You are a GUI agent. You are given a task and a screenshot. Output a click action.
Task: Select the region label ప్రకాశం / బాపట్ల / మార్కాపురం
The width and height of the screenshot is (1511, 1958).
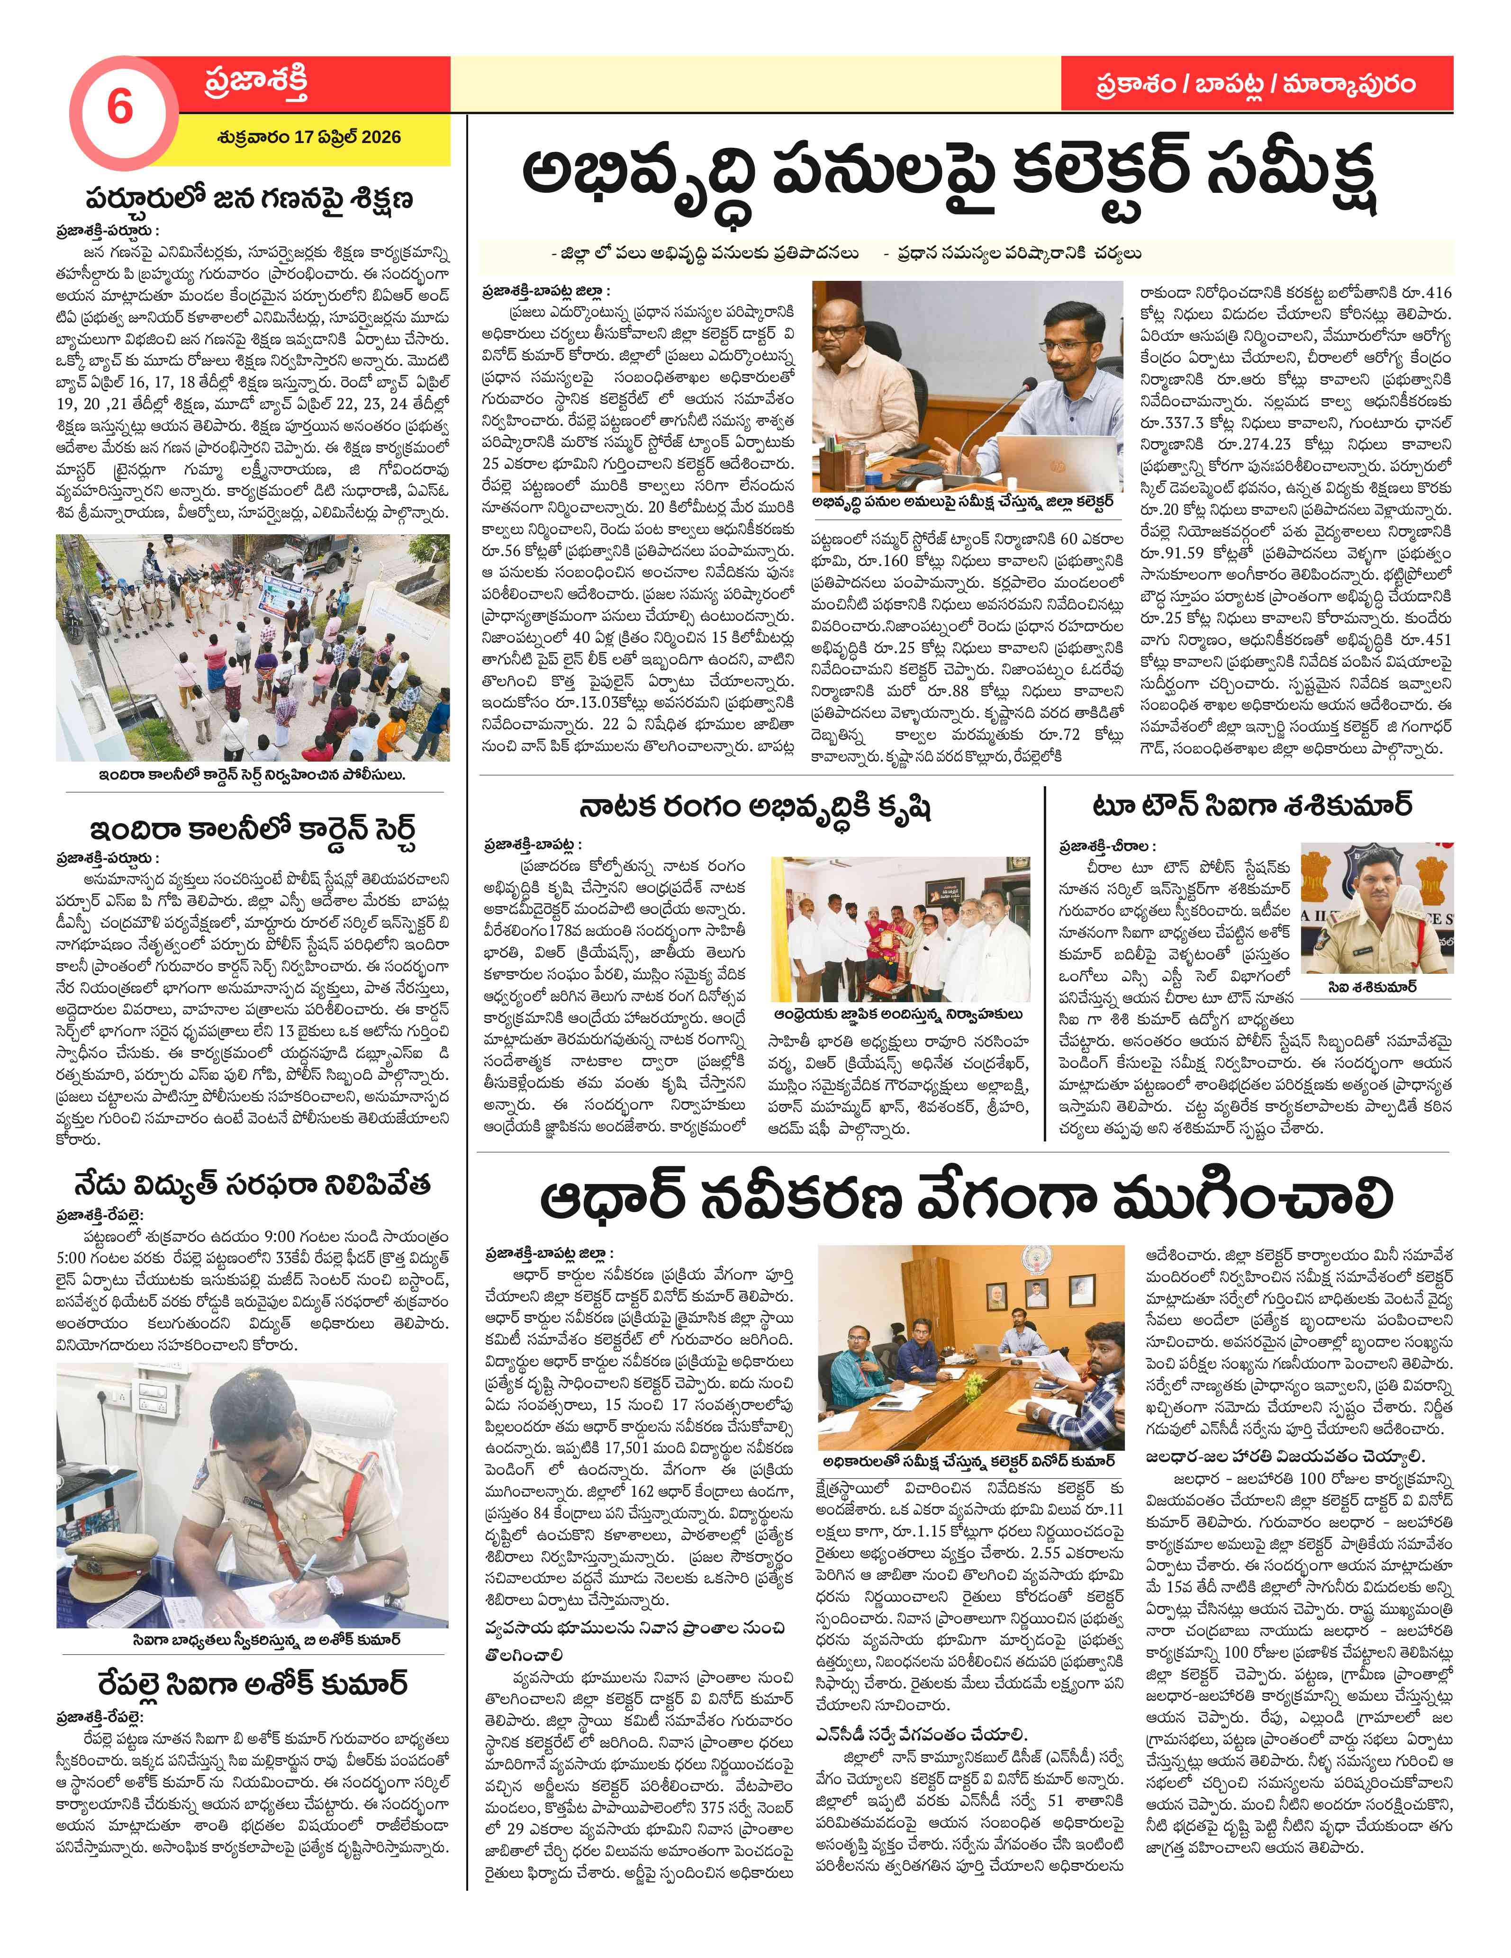1256,84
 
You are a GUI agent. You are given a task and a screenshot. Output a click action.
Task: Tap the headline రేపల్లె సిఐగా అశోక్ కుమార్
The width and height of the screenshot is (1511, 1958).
252,1683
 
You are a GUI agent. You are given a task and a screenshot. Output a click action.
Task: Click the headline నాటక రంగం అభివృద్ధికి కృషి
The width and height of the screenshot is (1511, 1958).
755,808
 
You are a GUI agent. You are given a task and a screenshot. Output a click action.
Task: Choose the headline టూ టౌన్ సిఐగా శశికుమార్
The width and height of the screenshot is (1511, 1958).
1251,805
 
